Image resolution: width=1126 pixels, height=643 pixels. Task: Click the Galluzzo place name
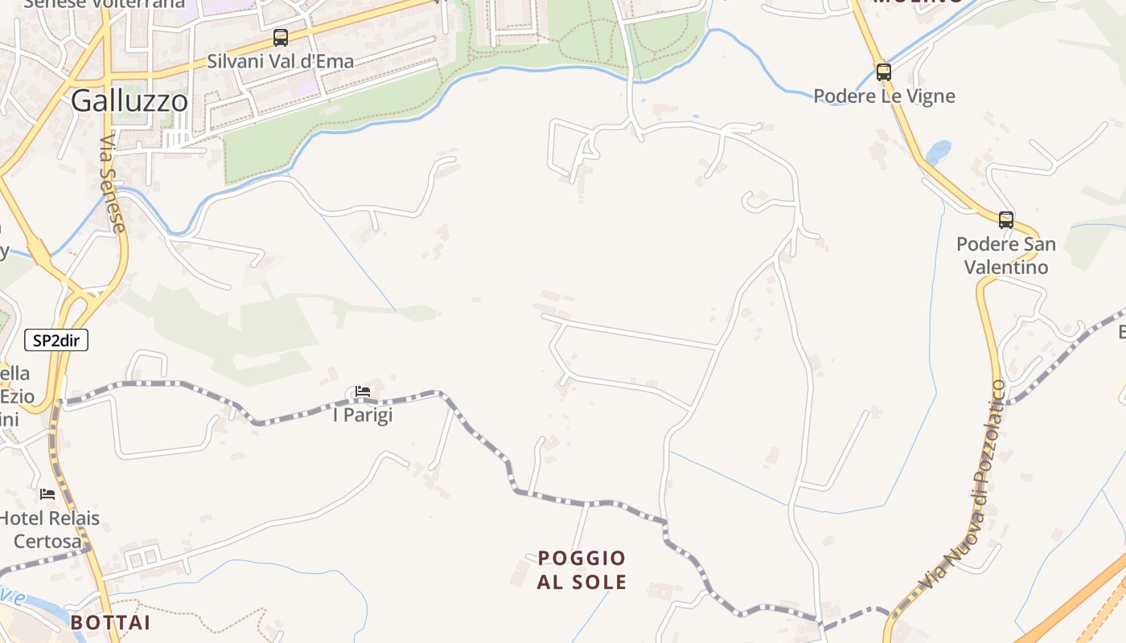click(129, 100)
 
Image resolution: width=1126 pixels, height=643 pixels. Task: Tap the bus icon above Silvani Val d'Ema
click(280, 37)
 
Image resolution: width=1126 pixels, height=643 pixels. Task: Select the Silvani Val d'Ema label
click(280, 61)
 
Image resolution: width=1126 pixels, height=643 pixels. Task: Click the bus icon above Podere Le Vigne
click(884, 72)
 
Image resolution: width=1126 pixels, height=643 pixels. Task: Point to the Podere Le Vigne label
click(884, 96)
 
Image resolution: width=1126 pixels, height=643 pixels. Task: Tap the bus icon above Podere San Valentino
click(1005, 219)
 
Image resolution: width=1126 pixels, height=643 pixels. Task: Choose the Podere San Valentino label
click(1005, 255)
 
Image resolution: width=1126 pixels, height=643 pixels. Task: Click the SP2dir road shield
click(56, 341)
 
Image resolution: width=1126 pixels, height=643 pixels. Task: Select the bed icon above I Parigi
click(363, 391)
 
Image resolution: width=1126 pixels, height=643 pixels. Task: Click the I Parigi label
click(362, 416)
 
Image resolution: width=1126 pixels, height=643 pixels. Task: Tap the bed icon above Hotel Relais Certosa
click(47, 494)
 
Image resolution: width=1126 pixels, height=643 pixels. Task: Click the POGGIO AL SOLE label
click(581, 570)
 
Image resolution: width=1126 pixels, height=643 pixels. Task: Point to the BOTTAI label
click(110, 623)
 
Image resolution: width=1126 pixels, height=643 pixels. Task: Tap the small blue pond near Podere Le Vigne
click(938, 151)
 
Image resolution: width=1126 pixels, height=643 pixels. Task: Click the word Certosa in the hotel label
click(48, 542)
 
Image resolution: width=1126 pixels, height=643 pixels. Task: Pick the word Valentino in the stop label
click(1005, 267)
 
